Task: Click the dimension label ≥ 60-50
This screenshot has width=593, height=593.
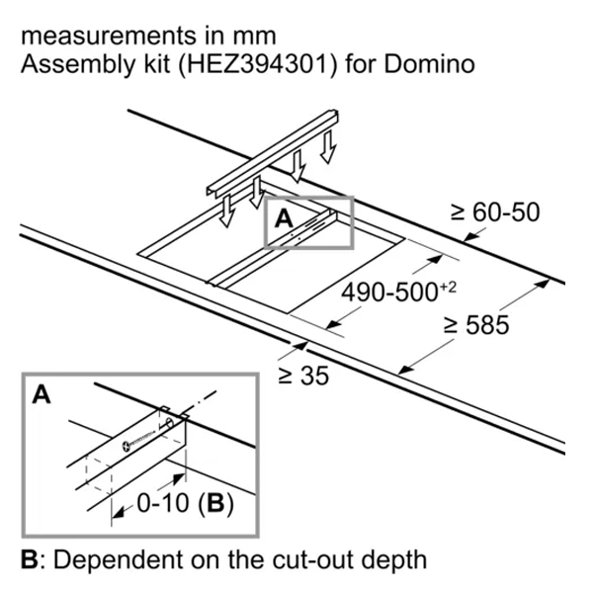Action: point(495,212)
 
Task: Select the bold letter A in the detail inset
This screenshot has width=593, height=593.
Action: point(42,396)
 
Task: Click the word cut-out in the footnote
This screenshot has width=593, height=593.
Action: point(312,559)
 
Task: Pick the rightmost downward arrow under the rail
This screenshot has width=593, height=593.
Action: point(329,148)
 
